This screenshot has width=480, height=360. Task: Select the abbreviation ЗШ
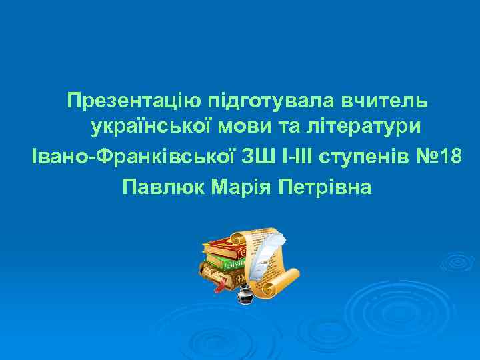point(256,157)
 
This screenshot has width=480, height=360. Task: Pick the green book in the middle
point(223,263)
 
